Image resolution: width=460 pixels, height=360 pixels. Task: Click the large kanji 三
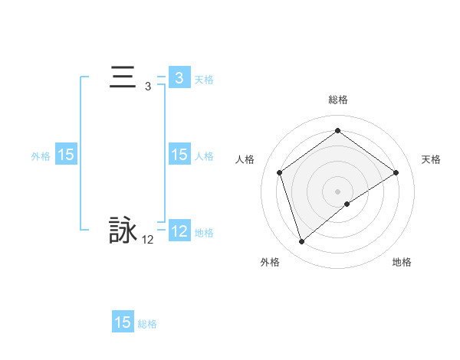(123, 78)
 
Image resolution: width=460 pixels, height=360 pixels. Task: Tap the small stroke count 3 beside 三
(147, 87)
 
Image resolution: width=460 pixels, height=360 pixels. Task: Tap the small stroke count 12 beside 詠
(147, 240)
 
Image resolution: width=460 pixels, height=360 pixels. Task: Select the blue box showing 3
(179, 78)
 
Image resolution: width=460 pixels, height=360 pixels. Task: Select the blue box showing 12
(179, 231)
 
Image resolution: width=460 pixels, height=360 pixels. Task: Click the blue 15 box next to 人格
(179, 155)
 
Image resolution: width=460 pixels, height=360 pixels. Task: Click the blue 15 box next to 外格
(66, 155)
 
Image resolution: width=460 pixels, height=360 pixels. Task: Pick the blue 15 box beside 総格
(123, 322)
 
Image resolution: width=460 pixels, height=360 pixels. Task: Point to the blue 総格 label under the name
(147, 324)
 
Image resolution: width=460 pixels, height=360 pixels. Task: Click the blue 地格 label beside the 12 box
(204, 232)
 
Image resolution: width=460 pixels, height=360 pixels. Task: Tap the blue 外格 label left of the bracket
(41, 156)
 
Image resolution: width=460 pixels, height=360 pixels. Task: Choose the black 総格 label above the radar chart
(337, 100)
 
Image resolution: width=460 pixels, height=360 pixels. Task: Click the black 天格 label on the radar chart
(431, 159)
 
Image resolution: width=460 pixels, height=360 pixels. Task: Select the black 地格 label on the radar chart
(402, 262)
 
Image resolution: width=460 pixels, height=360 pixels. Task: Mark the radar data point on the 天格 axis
(396, 173)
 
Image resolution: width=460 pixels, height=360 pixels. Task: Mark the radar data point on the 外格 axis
(301, 242)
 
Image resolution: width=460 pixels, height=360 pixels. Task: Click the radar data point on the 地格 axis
(347, 204)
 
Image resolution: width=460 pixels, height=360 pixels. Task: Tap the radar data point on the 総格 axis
(337, 131)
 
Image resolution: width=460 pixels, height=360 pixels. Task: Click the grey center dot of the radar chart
(337, 191)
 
